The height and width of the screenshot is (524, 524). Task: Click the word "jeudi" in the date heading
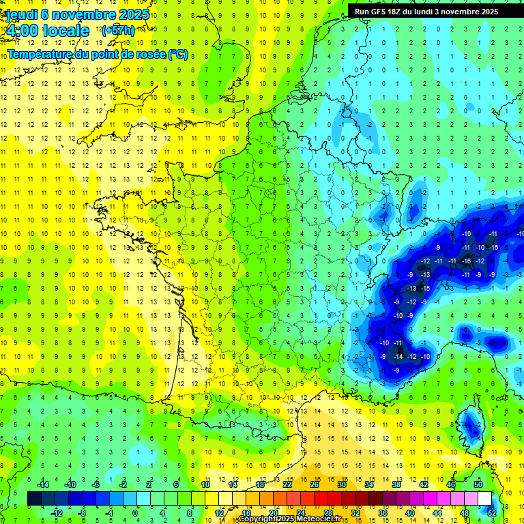click(20, 14)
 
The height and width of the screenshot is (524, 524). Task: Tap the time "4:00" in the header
click(21, 31)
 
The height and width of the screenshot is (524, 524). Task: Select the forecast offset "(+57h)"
click(117, 31)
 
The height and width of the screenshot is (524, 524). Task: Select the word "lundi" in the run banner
click(432, 12)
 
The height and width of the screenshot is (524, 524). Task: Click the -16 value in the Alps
click(467, 261)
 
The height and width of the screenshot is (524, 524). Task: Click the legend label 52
click(492, 513)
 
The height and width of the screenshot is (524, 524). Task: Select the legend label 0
click(135, 513)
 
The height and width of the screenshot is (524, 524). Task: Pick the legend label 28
click(327, 513)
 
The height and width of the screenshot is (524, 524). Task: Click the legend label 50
click(478, 484)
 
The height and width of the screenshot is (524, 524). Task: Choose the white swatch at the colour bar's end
click(484, 499)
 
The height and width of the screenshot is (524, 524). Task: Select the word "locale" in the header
click(65, 31)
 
